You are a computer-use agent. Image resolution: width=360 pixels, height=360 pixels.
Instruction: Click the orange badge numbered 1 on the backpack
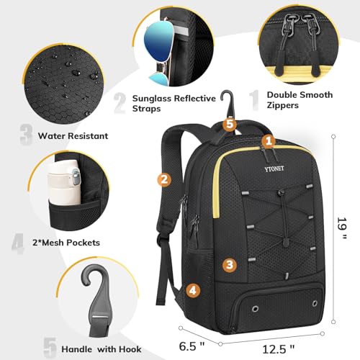click(268, 141)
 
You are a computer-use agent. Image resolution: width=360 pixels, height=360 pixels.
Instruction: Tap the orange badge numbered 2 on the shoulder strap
click(165, 180)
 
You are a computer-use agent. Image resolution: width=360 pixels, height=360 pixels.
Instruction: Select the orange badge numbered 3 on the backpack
click(229, 264)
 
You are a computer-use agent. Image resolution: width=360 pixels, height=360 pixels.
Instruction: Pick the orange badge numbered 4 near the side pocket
click(193, 291)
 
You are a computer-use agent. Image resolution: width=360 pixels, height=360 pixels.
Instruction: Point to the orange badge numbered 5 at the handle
click(230, 124)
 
